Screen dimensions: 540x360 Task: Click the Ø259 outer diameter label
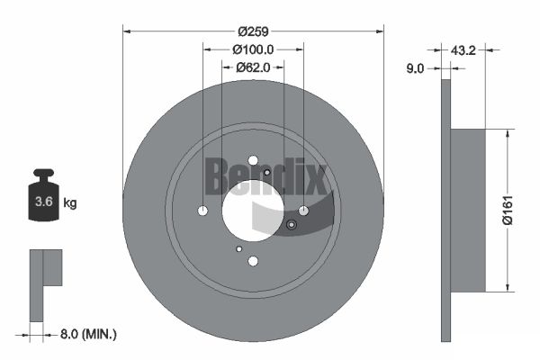pyautogui.click(x=253, y=31)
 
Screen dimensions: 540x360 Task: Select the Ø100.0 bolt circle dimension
pyautogui.click(x=253, y=49)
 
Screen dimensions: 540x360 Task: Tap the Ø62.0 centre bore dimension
pyautogui.click(x=253, y=67)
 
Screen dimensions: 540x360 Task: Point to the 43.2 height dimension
pyautogui.click(x=463, y=50)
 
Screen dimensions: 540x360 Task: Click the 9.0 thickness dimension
pyautogui.click(x=415, y=68)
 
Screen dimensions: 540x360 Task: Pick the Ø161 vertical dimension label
pyautogui.click(x=508, y=210)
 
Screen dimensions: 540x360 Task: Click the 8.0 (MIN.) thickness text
pyautogui.click(x=88, y=334)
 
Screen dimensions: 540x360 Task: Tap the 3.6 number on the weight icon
pyautogui.click(x=44, y=202)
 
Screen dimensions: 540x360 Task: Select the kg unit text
pyautogui.click(x=70, y=203)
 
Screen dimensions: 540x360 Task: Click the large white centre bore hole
pyautogui.click(x=253, y=211)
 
